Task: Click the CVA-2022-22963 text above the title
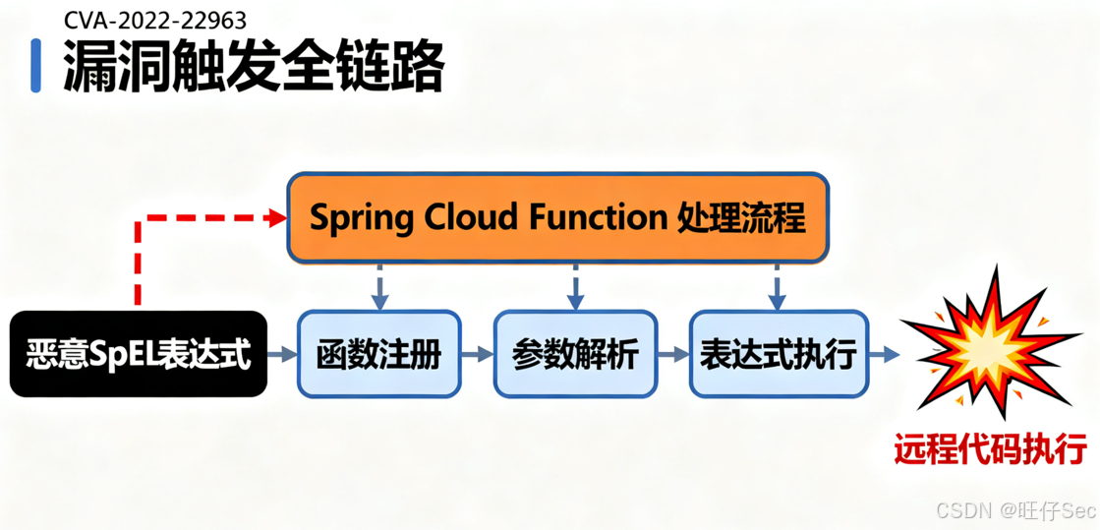(154, 20)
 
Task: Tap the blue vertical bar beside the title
(36, 66)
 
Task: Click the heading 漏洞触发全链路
(254, 67)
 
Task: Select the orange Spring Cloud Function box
(557, 217)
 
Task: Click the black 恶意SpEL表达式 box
(139, 354)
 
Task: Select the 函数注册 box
(378, 354)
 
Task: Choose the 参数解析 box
(575, 354)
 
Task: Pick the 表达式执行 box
(779, 354)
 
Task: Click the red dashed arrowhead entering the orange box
(276, 218)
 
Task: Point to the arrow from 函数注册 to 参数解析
(478, 354)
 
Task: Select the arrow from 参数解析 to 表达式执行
(673, 354)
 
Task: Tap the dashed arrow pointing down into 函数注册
(380, 287)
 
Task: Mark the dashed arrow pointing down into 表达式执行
(777, 287)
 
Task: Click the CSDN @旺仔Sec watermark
(1015, 510)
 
